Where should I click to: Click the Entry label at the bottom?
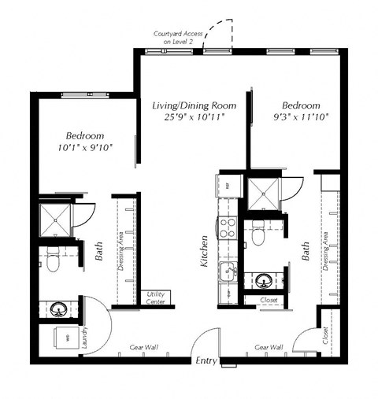[x=206, y=360]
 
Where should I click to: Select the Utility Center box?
[x=154, y=297]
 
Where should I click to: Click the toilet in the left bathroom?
[x=53, y=260]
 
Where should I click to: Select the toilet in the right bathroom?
[x=258, y=235]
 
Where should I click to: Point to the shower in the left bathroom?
[x=57, y=219]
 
